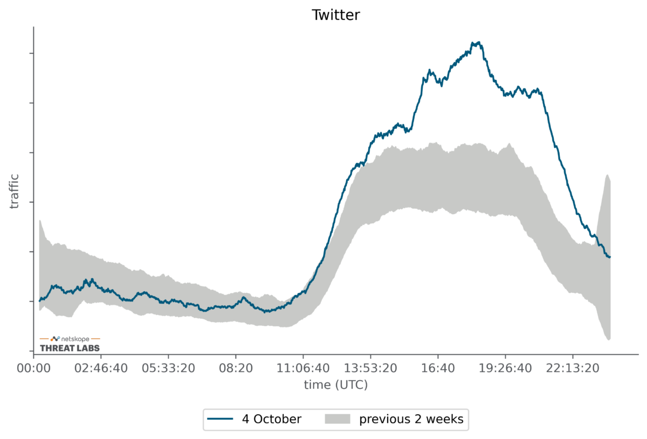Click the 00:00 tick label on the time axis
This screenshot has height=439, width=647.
pyautogui.click(x=33, y=368)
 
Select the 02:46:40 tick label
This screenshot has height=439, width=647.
pyautogui.click(x=101, y=368)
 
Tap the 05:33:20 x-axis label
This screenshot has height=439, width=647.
pyautogui.click(x=168, y=368)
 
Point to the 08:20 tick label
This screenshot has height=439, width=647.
pyautogui.click(x=236, y=368)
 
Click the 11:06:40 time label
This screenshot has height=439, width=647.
pyautogui.click(x=303, y=368)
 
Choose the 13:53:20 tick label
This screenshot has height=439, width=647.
pyautogui.click(x=370, y=368)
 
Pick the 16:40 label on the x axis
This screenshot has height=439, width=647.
pyautogui.click(x=438, y=368)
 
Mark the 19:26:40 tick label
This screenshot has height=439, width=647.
pyautogui.click(x=505, y=368)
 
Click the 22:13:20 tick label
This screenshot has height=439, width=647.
pyautogui.click(x=573, y=368)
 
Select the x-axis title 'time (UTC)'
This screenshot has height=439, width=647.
pyautogui.click(x=335, y=385)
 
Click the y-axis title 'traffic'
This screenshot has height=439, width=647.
pyautogui.click(x=14, y=191)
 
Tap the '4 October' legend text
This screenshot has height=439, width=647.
pyautogui.click(x=271, y=419)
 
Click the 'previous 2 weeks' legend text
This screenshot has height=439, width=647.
pyautogui.click(x=411, y=419)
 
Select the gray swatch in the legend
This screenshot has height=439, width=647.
pyautogui.click(x=337, y=419)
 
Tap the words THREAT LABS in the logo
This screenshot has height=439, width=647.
pyautogui.click(x=70, y=348)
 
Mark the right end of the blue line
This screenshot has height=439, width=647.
pyautogui.click(x=610, y=257)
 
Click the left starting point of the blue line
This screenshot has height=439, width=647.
pyautogui.click(x=39, y=300)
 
